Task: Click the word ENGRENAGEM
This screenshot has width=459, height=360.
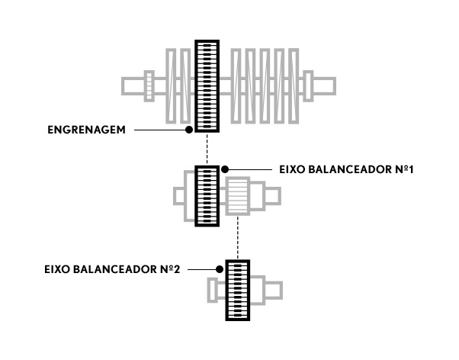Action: pos(86,130)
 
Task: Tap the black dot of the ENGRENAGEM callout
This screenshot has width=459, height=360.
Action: pos(189,130)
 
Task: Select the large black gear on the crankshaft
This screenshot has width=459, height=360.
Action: pos(207,86)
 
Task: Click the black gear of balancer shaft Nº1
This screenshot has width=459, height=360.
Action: pos(207,196)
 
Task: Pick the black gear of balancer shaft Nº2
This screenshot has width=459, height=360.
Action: pos(238,291)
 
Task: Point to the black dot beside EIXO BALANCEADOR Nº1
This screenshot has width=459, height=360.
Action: pos(225,169)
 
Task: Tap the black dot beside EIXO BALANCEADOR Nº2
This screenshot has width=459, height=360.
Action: pos(220,269)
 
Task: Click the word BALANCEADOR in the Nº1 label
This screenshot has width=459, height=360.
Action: pos(349,169)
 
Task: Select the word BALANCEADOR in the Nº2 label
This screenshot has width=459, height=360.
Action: pos(114,269)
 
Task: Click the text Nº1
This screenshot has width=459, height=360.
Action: pos(404,169)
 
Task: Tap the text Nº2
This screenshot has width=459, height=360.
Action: pos(170,269)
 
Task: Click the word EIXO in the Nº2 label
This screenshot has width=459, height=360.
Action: pos(57,269)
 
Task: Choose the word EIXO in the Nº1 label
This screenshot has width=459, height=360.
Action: pos(292,169)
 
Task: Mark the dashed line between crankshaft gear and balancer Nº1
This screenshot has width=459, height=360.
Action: pos(207,149)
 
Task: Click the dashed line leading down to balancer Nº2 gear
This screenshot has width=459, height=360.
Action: pos(238,237)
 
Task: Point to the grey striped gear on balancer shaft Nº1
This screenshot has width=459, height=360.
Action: pos(238,196)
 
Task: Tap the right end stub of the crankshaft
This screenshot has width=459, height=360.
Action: pos(325,86)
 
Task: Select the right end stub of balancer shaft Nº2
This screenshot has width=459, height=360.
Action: pos(274,291)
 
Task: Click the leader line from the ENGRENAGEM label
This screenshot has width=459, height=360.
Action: pos(160,130)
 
